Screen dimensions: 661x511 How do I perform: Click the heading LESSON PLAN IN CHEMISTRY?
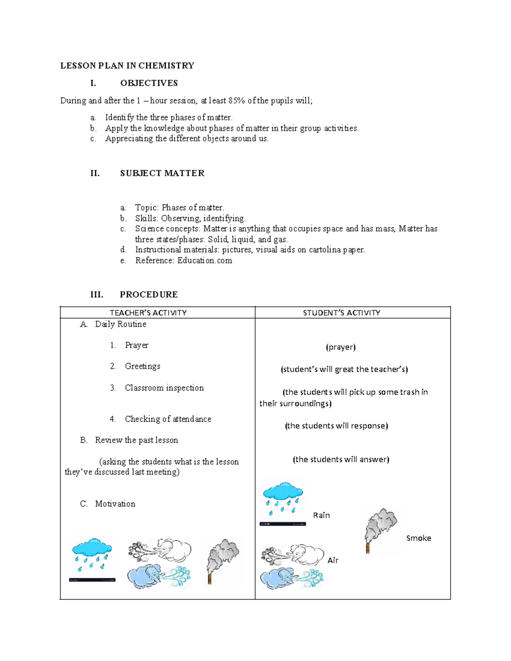coord(127,66)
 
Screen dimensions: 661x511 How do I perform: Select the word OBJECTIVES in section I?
coord(149,83)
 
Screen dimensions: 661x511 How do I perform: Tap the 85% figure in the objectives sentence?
coord(237,101)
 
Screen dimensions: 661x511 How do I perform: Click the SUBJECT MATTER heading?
coord(162,173)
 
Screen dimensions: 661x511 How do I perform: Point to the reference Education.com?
coord(205,260)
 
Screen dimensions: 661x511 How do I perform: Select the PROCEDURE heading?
coord(149,295)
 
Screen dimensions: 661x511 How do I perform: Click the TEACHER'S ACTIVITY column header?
coord(148,313)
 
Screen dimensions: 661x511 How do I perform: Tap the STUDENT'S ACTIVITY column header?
coord(341,313)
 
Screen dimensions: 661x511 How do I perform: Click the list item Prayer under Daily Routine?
coord(137,345)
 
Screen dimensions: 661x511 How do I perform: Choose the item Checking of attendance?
coord(168,419)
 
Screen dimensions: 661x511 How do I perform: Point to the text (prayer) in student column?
coord(341,347)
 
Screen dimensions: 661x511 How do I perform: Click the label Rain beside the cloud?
coord(322,515)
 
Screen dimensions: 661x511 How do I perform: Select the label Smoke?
coord(419,538)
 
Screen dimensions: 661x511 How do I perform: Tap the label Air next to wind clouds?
coord(333,561)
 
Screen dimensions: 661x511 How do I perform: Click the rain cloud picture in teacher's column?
coord(92,555)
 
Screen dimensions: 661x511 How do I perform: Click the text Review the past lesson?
coord(136,440)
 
